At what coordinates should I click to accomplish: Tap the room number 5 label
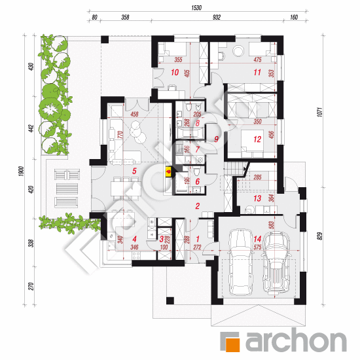[x=134, y=171]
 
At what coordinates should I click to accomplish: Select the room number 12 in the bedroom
[x=258, y=139]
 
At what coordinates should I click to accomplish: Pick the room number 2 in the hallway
[x=196, y=206]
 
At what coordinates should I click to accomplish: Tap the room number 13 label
[x=258, y=198]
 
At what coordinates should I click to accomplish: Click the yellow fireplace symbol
[x=169, y=173]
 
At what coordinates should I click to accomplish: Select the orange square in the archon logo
[x=230, y=340]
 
